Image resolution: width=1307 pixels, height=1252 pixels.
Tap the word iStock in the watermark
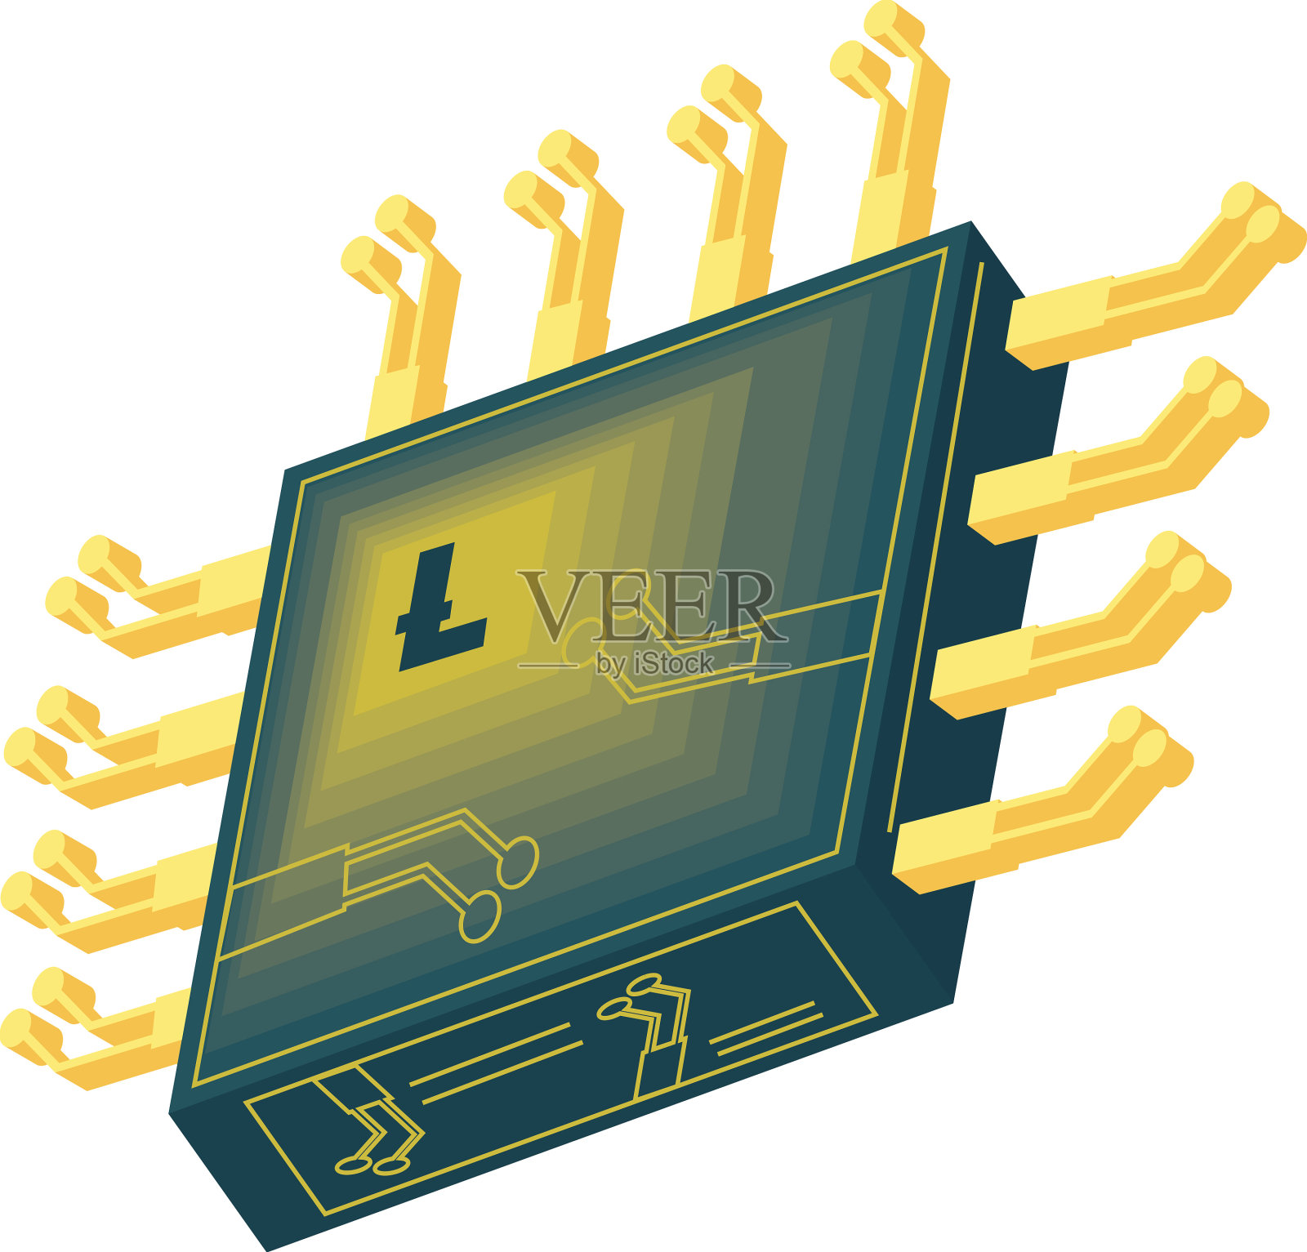674,664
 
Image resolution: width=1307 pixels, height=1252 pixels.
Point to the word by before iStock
613,665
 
